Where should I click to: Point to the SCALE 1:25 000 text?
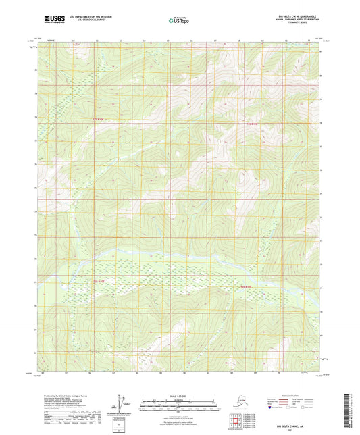point(180,396)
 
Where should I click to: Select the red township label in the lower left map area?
point(100,281)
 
